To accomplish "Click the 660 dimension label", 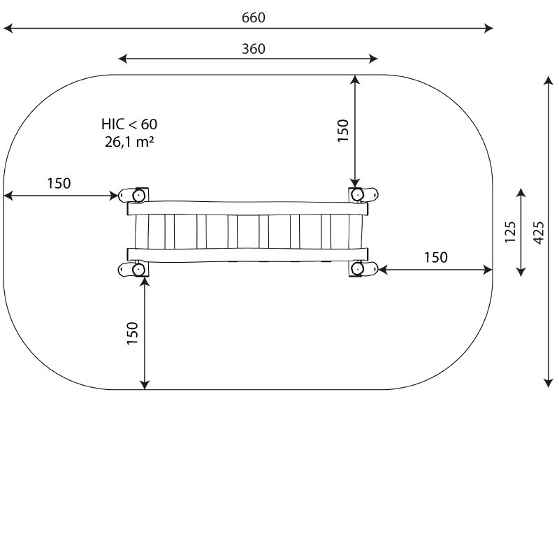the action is click(x=253, y=17).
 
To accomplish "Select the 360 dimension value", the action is click(x=254, y=49).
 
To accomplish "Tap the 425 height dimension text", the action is click(x=539, y=233).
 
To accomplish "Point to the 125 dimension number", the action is click(x=511, y=233).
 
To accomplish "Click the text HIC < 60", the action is click(x=129, y=124).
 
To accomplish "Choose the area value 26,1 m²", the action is click(x=129, y=142).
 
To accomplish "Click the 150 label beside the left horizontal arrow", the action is click(x=59, y=183).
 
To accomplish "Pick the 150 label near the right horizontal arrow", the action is click(x=435, y=257).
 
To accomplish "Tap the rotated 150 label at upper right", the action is click(x=342, y=131).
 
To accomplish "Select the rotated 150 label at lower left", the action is click(x=132, y=333).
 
